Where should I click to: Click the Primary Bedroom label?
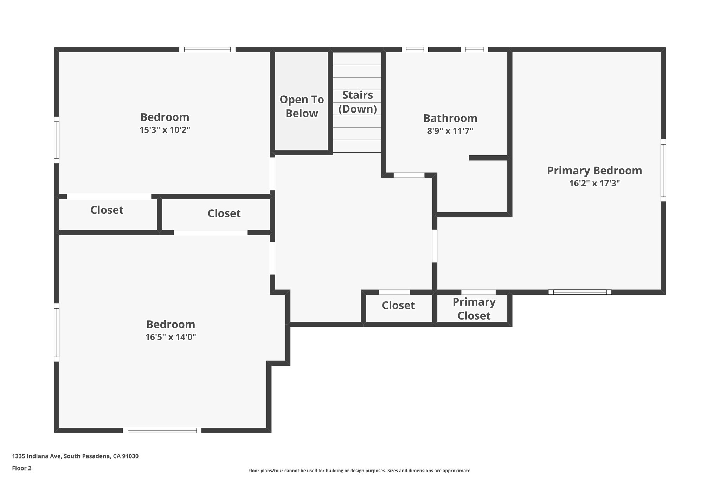click(x=594, y=171)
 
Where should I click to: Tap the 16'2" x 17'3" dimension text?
click(x=594, y=183)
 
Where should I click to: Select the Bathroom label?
click(x=450, y=118)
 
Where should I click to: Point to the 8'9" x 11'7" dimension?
click(x=450, y=131)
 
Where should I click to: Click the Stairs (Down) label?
click(x=358, y=102)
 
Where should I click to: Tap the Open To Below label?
click(x=302, y=106)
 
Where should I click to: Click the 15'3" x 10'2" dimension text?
click(x=165, y=130)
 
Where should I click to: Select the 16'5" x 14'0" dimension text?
click(x=171, y=337)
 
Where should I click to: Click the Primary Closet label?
click(x=474, y=309)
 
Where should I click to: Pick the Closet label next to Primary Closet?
click(x=398, y=305)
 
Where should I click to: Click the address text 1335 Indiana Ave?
click(x=75, y=456)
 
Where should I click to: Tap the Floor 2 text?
click(x=22, y=468)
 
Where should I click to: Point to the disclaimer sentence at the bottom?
click(x=360, y=471)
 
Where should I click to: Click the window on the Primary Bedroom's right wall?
click(x=663, y=170)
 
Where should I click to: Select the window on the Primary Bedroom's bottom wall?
click(x=580, y=292)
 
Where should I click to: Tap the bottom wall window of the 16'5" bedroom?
click(x=162, y=430)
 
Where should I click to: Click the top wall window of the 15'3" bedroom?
click(x=207, y=50)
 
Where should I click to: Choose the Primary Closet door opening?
click(x=478, y=292)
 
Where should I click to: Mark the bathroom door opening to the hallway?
click(x=409, y=175)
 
